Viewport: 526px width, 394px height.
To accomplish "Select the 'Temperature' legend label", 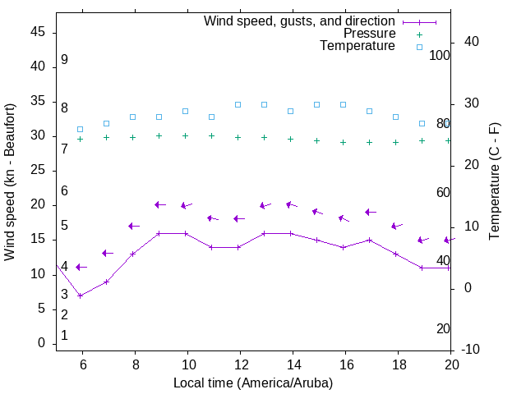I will (358, 46).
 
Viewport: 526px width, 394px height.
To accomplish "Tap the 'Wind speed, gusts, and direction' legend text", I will (300, 21).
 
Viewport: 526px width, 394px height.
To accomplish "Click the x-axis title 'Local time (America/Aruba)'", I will (253, 383).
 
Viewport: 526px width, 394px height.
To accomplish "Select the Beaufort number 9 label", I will (64, 60).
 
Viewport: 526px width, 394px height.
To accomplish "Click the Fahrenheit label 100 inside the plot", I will (440, 55).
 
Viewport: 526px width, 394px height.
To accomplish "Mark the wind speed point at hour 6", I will (80, 295).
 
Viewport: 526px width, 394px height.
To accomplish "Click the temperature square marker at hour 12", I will (238, 105).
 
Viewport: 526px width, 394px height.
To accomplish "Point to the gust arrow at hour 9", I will (160, 204).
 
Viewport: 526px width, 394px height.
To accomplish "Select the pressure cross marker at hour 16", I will (343, 142).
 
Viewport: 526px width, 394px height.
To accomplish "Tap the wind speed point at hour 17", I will (369, 241).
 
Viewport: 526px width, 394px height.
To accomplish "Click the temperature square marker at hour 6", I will (80, 130).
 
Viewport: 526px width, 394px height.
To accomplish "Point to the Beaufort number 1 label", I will (64, 336).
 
